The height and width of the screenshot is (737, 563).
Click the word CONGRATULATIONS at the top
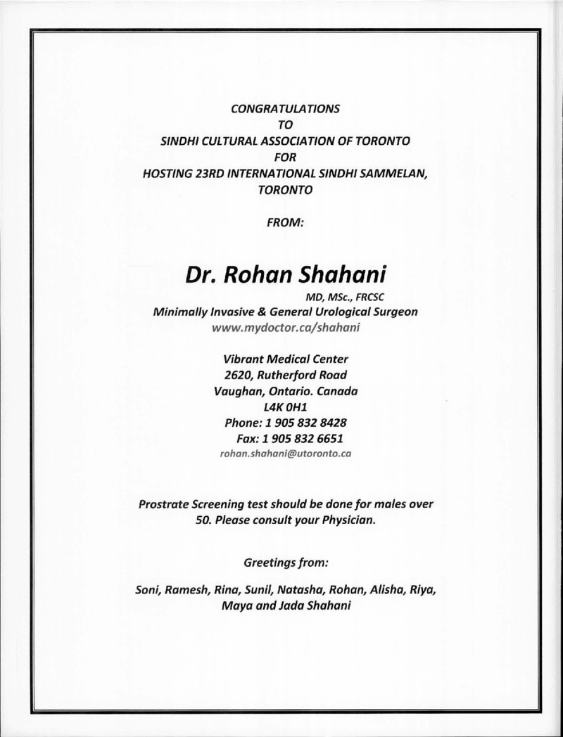pos(286,109)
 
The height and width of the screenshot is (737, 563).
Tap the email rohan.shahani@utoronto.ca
pos(286,454)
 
